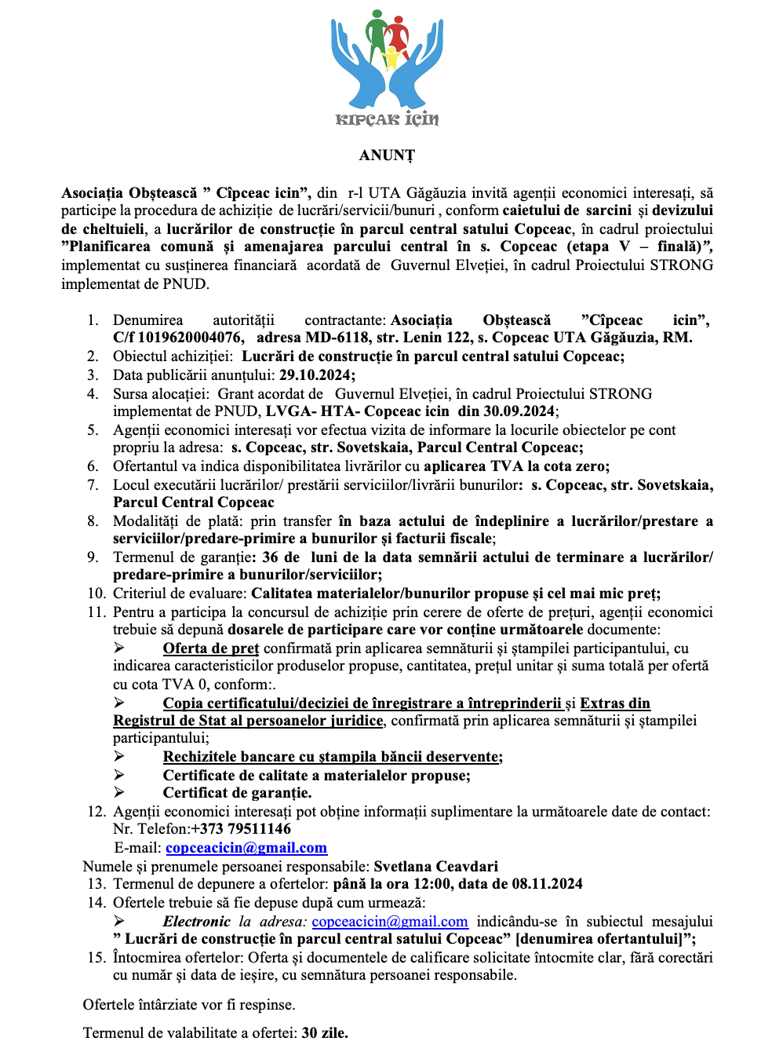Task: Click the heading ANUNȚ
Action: [x=387, y=155]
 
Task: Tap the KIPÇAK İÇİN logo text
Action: [x=387, y=119]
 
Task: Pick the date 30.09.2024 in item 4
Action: [x=519, y=411]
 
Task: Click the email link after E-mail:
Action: [x=246, y=848]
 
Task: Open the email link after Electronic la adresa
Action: [x=390, y=922]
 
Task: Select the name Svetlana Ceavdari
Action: [x=435, y=867]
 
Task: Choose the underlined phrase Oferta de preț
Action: [x=211, y=648]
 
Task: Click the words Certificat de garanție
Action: [x=237, y=793]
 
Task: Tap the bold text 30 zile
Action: [x=325, y=1033]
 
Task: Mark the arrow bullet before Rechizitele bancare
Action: [x=119, y=757]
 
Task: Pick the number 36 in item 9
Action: [x=270, y=557]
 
